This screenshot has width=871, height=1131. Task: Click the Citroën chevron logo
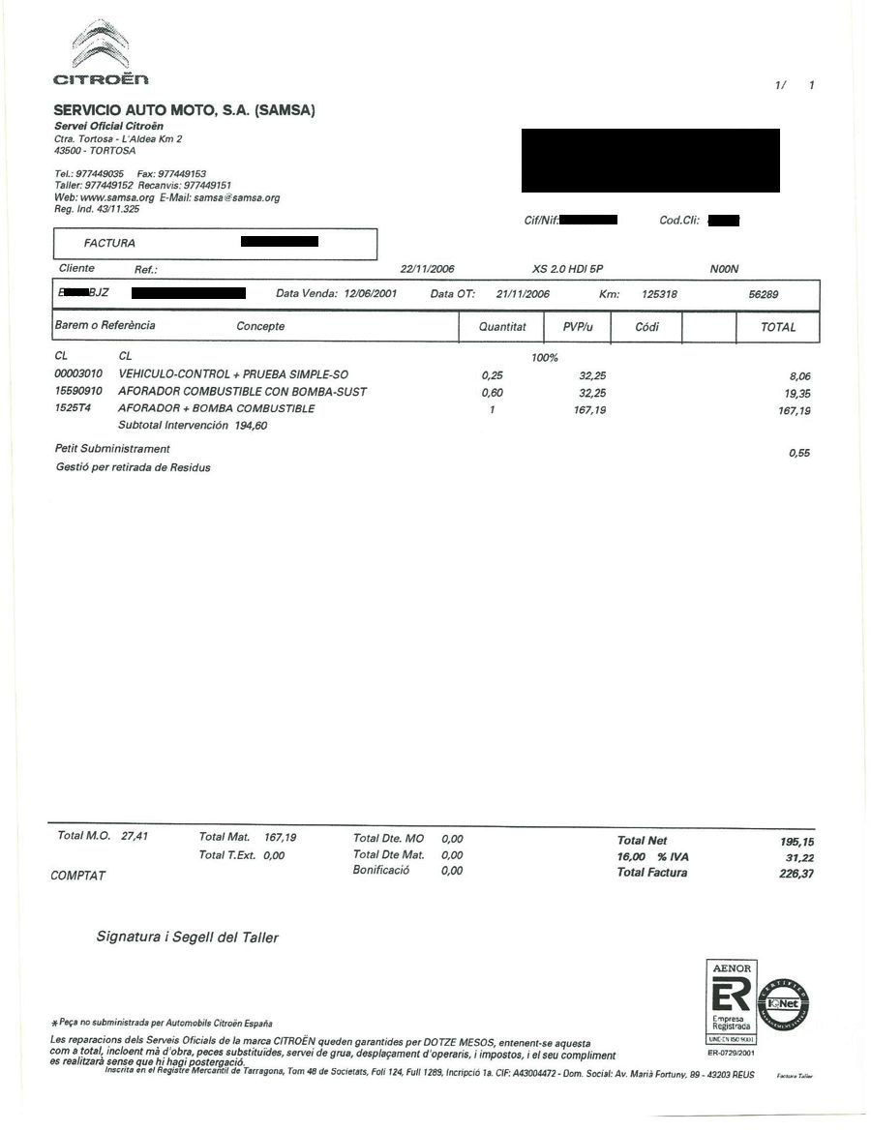click(101, 46)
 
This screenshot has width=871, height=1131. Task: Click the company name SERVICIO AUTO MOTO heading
click(185, 110)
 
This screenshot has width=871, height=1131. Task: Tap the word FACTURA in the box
click(109, 243)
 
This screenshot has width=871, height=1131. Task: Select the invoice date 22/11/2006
click(427, 269)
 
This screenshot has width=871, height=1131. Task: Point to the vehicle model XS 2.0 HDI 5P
click(574, 269)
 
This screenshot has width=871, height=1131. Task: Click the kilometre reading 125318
click(659, 294)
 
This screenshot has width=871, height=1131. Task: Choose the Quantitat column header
click(502, 327)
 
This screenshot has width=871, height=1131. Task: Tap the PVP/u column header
click(578, 327)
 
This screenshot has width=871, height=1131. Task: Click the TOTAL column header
click(778, 327)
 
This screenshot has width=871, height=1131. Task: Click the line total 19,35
click(795, 393)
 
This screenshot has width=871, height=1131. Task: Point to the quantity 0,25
click(492, 374)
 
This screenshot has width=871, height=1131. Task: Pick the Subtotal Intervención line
click(193, 426)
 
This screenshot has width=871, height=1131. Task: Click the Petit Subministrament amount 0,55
click(798, 453)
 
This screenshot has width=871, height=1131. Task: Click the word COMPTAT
click(77, 876)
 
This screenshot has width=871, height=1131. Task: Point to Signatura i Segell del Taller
click(187, 937)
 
